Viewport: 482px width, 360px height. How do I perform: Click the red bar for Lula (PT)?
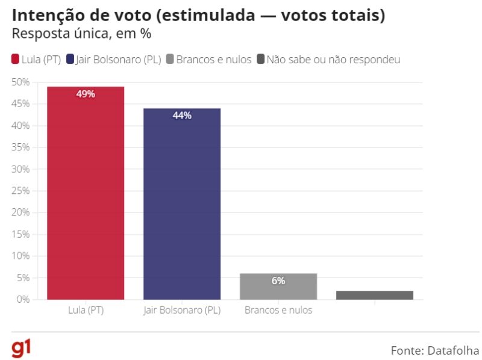click(86, 193)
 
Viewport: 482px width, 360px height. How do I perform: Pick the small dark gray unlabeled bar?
click(375, 295)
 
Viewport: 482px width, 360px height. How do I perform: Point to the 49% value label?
click(86, 94)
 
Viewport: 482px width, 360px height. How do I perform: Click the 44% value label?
click(182, 116)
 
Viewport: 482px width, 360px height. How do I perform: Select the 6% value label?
click(278, 281)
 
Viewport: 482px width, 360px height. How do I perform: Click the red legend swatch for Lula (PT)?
click(15, 59)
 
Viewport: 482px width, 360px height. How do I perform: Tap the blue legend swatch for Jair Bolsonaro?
click(70, 59)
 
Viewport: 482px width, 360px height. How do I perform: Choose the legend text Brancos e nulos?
click(213, 59)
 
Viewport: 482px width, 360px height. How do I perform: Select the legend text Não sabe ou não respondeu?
click(333, 59)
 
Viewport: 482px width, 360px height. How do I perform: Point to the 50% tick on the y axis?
click(20, 82)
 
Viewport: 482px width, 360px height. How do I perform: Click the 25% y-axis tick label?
click(20, 191)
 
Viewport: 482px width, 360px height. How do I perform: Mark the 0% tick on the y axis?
click(23, 299)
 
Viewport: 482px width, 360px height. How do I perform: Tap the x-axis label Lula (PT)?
click(86, 311)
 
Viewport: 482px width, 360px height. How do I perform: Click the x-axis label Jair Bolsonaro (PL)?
click(182, 311)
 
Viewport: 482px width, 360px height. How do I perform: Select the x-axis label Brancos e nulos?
click(278, 311)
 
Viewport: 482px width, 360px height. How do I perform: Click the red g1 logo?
click(22, 348)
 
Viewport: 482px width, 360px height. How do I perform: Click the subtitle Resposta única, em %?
click(81, 34)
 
